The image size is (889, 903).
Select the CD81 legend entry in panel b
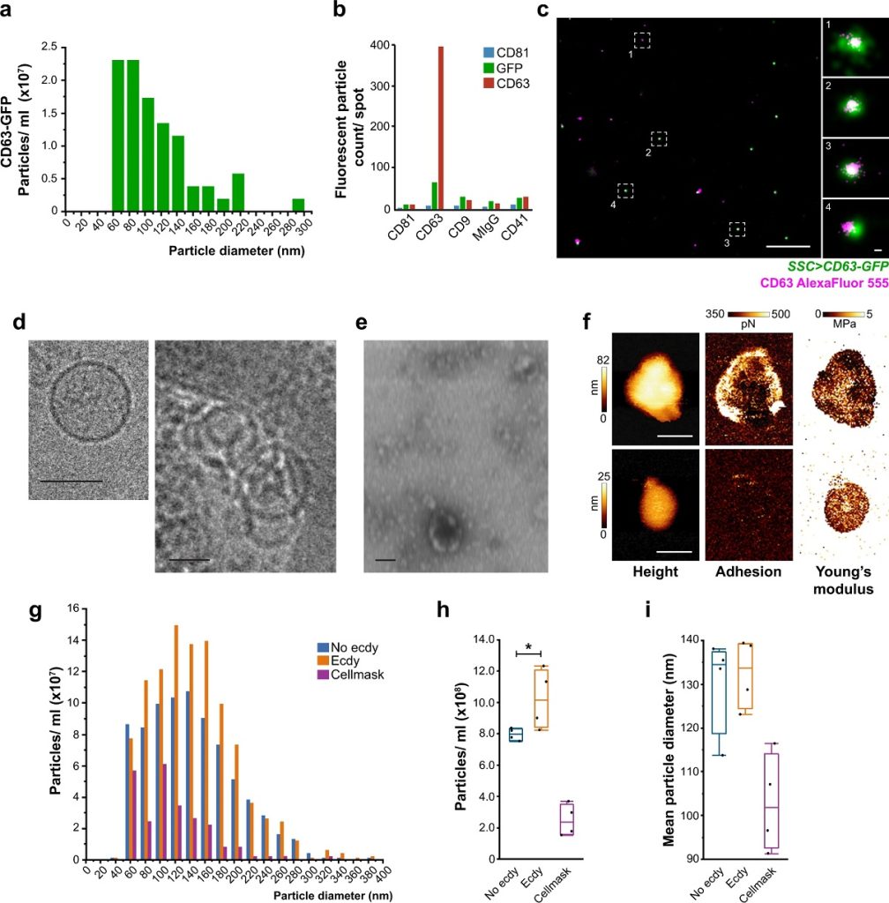click(x=509, y=53)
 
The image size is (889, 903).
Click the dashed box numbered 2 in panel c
click(x=658, y=138)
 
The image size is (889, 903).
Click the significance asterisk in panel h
click(x=527, y=646)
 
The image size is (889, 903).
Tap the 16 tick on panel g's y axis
click(x=74, y=608)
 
